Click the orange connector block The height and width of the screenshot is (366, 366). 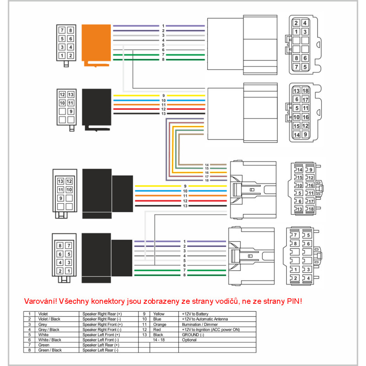[96, 43]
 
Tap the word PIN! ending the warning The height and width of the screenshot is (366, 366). [292, 301]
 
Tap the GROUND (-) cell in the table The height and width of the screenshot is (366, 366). [193, 334]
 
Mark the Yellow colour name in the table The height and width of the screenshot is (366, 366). [159, 314]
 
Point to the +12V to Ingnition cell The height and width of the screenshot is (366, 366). [202, 329]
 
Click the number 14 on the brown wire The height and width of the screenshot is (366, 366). [207, 165]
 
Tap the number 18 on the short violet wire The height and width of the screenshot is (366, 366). [207, 181]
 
